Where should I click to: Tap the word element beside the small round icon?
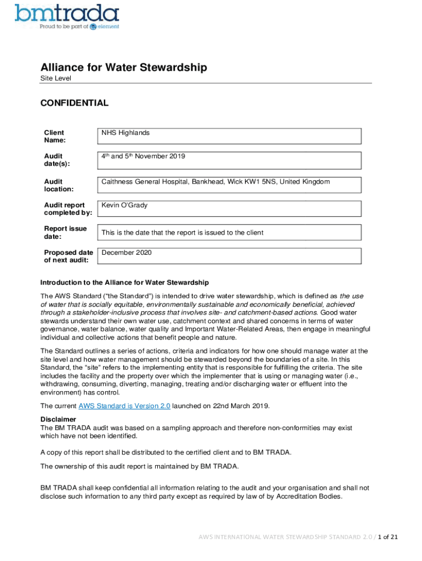point(109,27)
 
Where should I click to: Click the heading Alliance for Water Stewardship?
point(123,67)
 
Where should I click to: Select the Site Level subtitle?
point(55,78)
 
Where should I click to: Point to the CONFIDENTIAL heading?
point(74,103)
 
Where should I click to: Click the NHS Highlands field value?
point(126,133)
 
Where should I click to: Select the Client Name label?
point(54,136)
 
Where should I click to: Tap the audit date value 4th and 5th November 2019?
point(143,157)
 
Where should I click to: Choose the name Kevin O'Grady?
point(124,205)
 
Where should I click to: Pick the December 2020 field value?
point(127,253)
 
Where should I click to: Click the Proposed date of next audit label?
point(69,256)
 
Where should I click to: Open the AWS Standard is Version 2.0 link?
point(124,406)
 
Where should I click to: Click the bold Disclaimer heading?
point(58,420)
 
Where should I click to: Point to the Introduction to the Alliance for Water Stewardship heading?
point(124,283)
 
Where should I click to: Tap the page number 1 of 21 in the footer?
point(382,537)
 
